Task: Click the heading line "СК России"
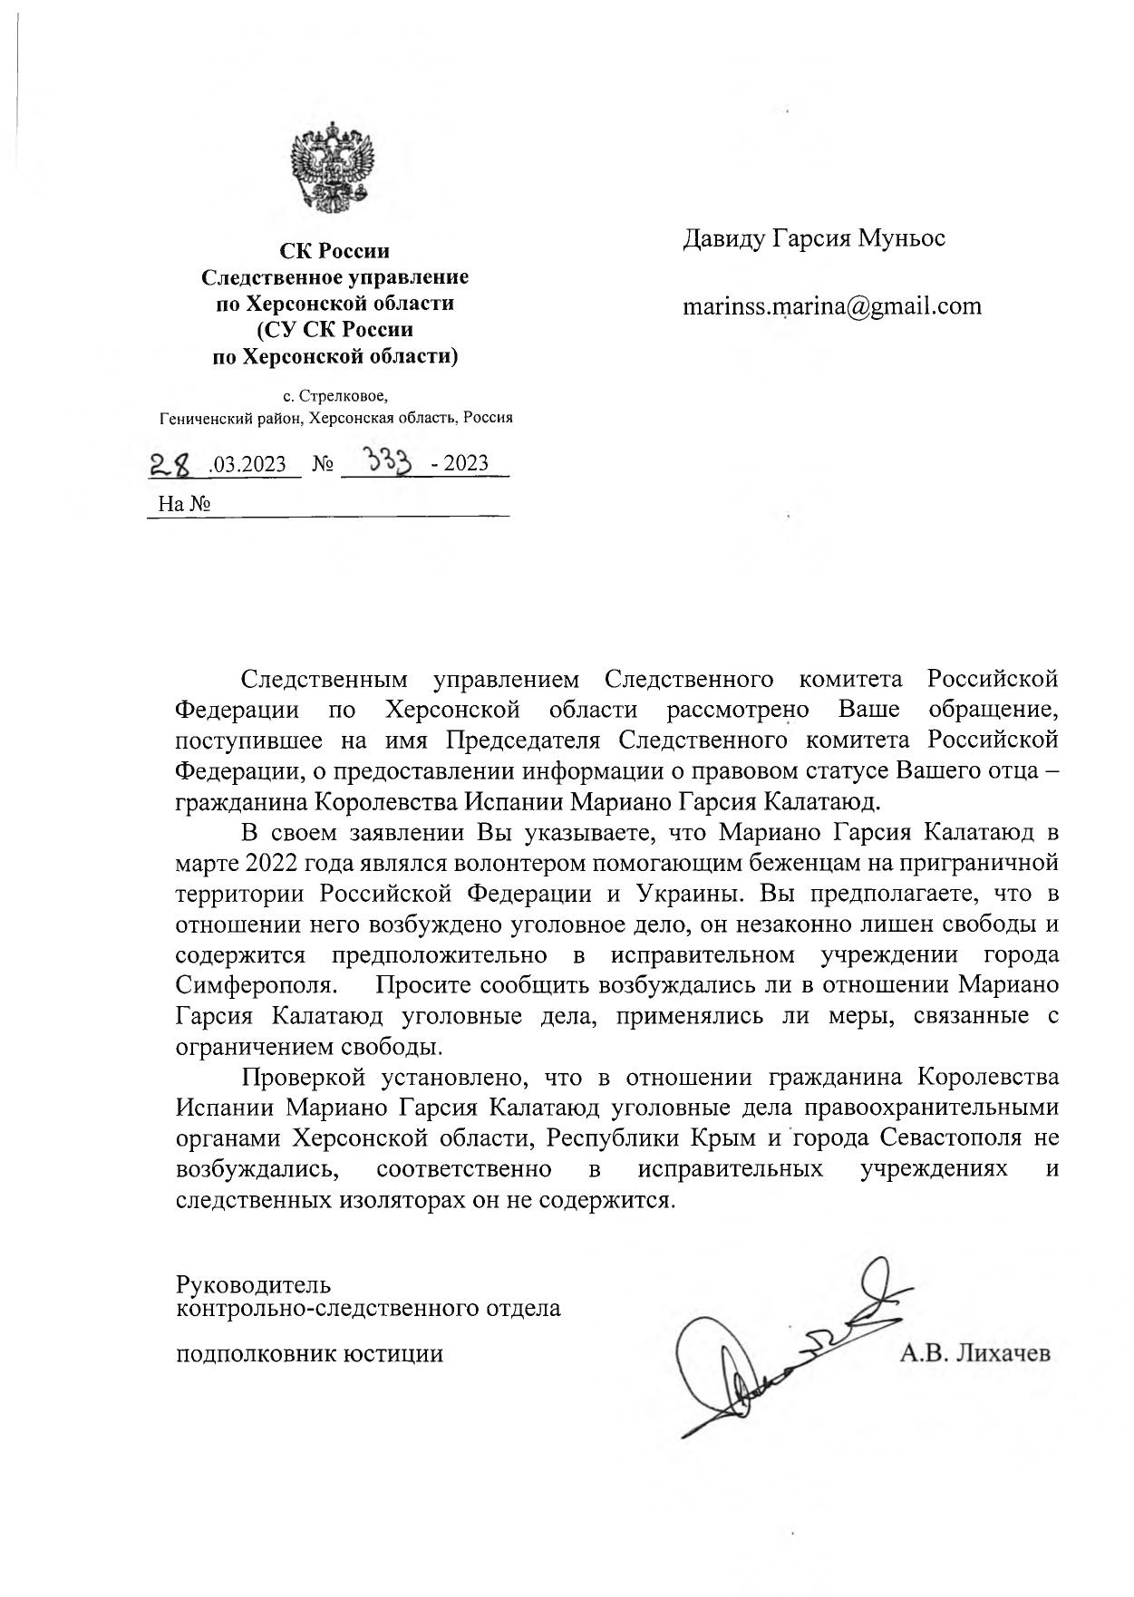[x=334, y=251]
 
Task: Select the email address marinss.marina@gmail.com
[x=831, y=306]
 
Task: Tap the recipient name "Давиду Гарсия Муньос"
[x=813, y=238]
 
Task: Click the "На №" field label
[x=184, y=504]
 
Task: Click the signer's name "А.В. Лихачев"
[x=974, y=1354]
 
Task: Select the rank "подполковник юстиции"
[x=309, y=1354]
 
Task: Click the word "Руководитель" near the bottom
[x=254, y=1284]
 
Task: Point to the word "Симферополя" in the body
[x=257, y=984]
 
